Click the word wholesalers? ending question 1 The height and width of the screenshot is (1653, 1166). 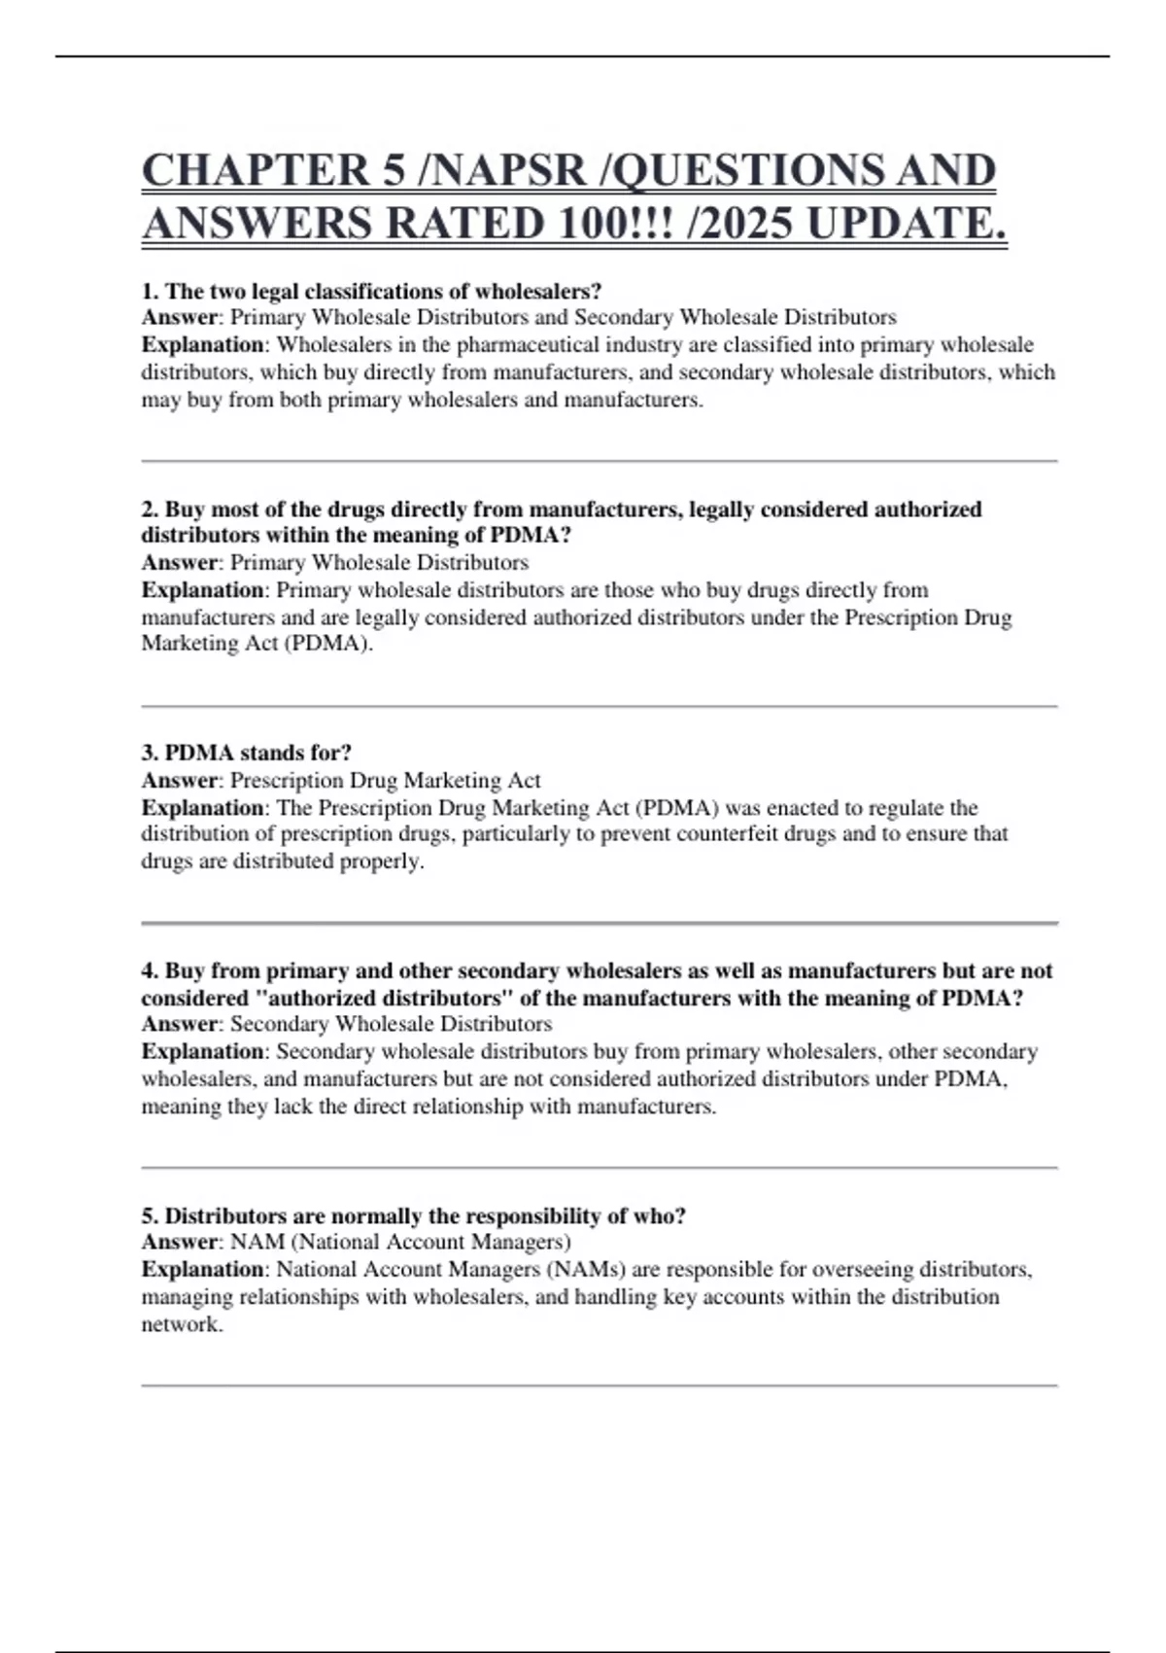coord(537,291)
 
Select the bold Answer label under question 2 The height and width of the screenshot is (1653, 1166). coord(180,562)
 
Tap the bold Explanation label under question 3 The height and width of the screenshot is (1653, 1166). coord(202,807)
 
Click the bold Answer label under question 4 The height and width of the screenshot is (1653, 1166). coord(180,1024)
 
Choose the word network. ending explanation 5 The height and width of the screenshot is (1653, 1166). coord(182,1324)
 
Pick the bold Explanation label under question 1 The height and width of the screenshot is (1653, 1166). coord(202,344)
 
